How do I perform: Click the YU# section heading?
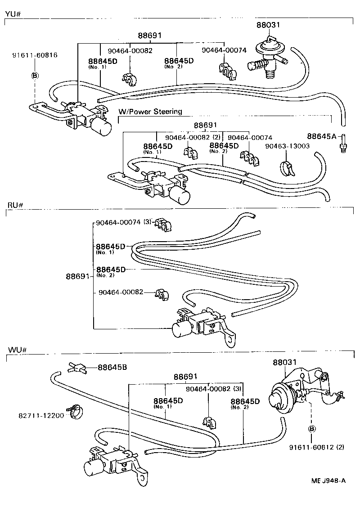(x=13, y=13)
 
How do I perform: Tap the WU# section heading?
(x=15, y=350)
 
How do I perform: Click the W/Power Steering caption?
(x=150, y=112)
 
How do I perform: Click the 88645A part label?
(x=322, y=136)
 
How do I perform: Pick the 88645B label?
(x=112, y=367)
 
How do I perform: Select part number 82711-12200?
(x=41, y=414)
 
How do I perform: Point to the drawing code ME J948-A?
(x=328, y=481)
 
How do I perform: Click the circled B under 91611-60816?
(x=35, y=75)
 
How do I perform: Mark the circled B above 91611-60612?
(x=310, y=427)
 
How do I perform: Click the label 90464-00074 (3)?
(x=124, y=222)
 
